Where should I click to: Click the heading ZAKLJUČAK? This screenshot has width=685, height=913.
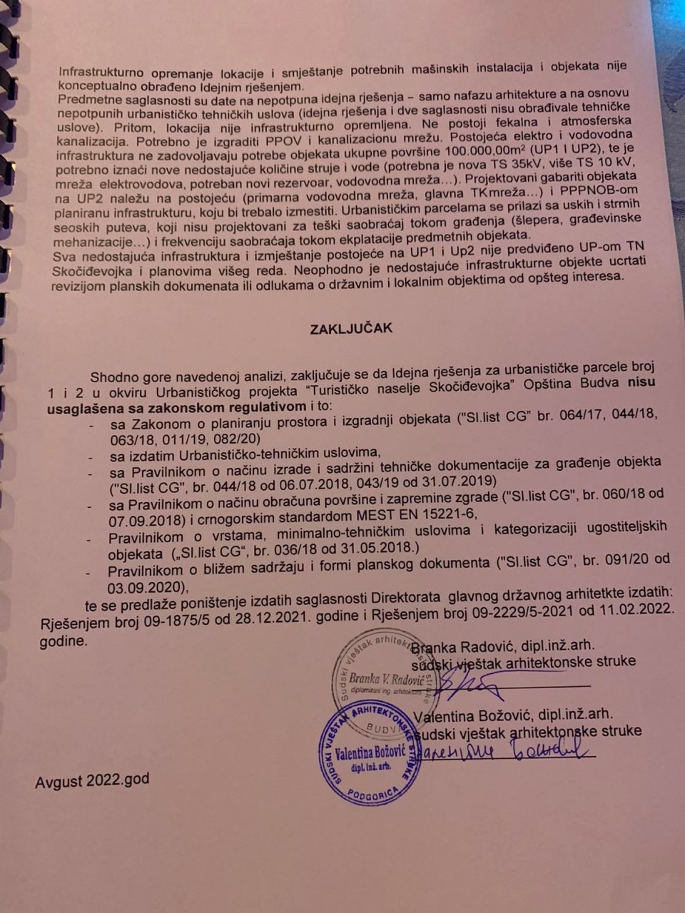[x=351, y=329]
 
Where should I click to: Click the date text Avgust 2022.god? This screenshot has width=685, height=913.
[x=92, y=780]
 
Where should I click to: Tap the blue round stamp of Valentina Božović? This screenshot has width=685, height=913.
[x=370, y=753]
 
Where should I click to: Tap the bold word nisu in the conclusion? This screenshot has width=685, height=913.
[x=641, y=382]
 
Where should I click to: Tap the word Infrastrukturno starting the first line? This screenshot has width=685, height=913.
[x=101, y=72]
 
